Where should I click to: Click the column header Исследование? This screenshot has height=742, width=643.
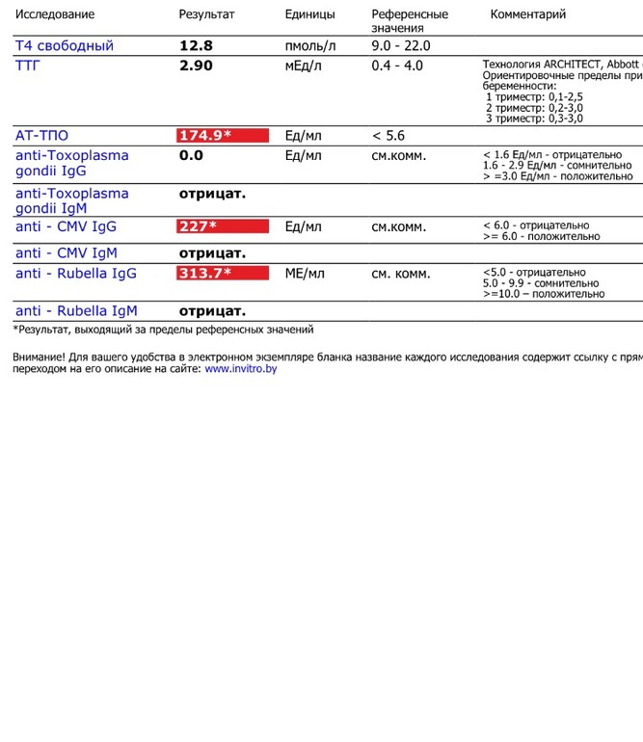55,14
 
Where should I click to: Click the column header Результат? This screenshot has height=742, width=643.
206,14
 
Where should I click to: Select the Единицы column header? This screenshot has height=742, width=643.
310,14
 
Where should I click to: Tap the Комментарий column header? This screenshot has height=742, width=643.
528,14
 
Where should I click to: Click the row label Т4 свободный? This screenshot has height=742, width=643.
64,46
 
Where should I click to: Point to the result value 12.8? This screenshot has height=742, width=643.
196,46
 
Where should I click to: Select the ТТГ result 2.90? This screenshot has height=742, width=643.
196,66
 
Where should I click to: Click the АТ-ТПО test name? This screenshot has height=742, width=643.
41,136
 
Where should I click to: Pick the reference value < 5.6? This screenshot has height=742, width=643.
388,136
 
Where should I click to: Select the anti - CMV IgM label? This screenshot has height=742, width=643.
67,253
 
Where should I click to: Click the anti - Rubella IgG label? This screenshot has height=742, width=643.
76,274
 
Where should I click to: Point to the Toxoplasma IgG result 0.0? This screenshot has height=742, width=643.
191,155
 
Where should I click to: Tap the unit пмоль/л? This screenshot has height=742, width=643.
310,46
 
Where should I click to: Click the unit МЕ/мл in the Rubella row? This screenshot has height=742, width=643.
305,274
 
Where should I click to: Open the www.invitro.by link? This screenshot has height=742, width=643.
240,368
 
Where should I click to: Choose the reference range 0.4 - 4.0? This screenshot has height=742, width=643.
397,66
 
